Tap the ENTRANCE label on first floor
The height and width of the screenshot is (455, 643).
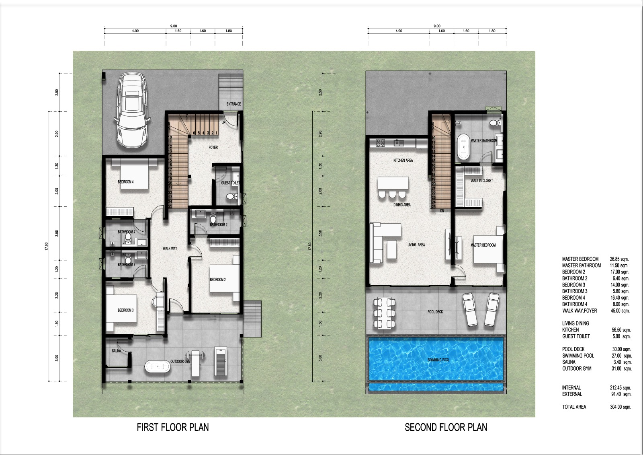click(x=233, y=104)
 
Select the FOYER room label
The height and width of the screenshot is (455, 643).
click(x=213, y=148)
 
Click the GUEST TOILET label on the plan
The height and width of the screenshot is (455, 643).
click(x=230, y=183)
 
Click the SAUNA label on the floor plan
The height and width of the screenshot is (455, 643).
click(x=116, y=351)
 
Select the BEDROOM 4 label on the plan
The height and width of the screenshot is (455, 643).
click(x=126, y=182)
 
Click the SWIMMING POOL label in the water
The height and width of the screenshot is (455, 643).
click(x=438, y=360)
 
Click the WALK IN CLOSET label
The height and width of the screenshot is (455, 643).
click(x=481, y=181)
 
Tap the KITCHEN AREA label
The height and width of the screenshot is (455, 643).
click(x=403, y=161)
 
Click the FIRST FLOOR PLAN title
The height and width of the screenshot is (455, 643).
click(x=173, y=427)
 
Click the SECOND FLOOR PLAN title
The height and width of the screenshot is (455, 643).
click(x=446, y=427)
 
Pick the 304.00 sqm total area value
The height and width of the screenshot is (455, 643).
click(x=620, y=407)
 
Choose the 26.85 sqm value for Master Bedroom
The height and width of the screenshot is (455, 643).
click(x=619, y=259)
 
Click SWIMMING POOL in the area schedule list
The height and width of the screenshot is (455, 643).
click(x=578, y=356)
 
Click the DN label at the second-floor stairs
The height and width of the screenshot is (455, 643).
click(x=442, y=211)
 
